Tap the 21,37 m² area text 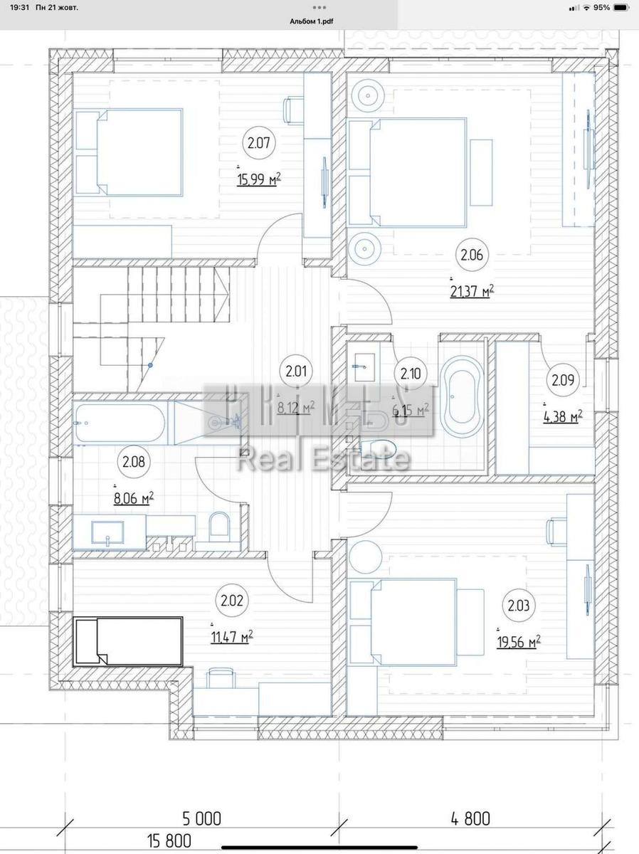tap(472, 291)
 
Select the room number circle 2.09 tap(562, 380)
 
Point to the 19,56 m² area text tap(518, 642)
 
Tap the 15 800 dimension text tap(169, 841)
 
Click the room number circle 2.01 tap(295, 371)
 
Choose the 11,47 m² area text tap(232, 637)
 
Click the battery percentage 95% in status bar tap(601, 8)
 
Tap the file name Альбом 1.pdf tap(311, 21)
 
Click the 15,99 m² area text tap(258, 180)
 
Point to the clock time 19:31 tap(20, 8)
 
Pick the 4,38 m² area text tap(562, 416)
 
